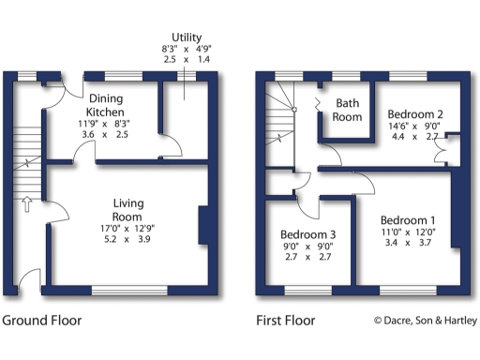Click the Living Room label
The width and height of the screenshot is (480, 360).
pyautogui.click(x=127, y=210)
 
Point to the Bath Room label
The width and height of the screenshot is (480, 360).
pyautogui.click(x=348, y=110)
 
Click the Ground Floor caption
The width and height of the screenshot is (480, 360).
pyautogui.click(x=42, y=321)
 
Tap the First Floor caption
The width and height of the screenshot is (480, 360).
pyautogui.click(x=286, y=321)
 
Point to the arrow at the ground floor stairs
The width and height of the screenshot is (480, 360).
pyautogui.click(x=27, y=203)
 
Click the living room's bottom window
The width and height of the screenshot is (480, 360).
pyautogui.click(x=129, y=288)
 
